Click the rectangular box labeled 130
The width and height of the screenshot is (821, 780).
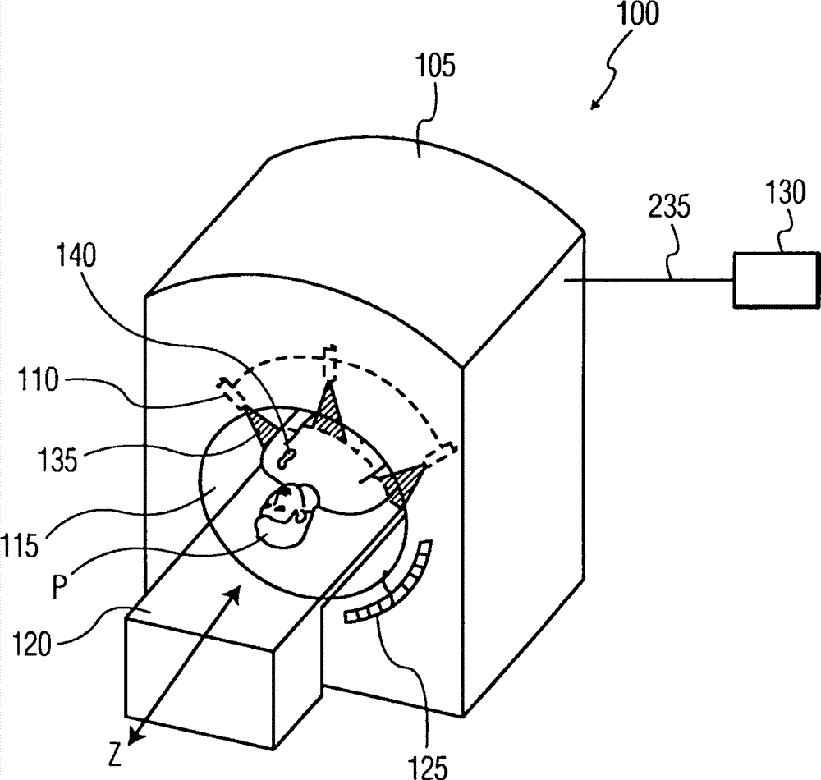(x=775, y=281)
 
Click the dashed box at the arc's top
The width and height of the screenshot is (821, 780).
(x=328, y=363)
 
